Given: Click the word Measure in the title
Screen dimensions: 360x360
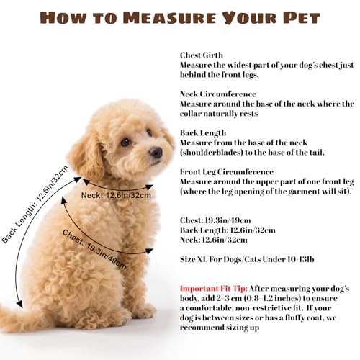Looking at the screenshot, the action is tap(170, 18).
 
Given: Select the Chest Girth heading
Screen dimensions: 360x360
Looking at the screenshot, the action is tap(202, 55).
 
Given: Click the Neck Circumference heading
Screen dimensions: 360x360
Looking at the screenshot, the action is tap(218, 94).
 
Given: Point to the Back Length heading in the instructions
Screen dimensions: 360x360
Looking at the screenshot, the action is tap(203, 133).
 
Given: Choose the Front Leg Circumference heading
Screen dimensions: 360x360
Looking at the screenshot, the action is tap(227, 172).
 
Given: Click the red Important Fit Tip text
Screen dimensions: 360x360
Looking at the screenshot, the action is tap(214, 289).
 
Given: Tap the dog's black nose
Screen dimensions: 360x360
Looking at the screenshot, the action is tap(156, 152).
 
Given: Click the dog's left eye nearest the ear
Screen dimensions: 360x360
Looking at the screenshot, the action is tap(125, 142).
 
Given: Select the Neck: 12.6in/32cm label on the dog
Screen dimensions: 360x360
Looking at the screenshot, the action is tap(116, 195).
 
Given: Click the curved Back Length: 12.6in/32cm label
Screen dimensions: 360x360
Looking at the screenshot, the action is tap(35, 204).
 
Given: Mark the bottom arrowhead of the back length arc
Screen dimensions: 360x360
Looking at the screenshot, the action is tap(20, 304).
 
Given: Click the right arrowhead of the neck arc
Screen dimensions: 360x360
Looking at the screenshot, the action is tap(149, 186).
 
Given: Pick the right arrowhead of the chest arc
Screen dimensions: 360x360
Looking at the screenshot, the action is tap(149, 251).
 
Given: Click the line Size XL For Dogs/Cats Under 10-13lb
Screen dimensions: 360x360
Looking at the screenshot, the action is tap(247, 259).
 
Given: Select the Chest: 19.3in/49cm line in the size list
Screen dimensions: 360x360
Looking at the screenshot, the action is tap(215, 220).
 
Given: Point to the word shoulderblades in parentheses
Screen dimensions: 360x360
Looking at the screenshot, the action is tap(212, 153).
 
